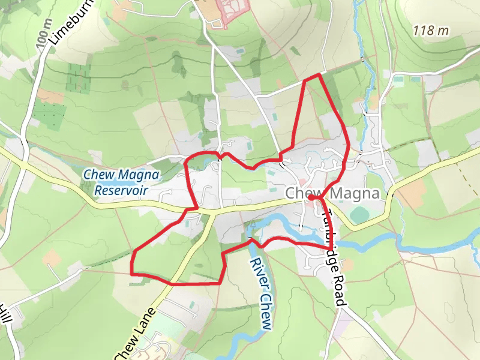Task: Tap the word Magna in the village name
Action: (354, 194)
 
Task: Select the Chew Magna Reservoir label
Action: (122, 182)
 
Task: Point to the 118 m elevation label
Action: (431, 30)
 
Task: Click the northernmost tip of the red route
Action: (318, 74)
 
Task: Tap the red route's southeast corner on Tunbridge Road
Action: (331, 248)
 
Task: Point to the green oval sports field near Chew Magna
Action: (360, 215)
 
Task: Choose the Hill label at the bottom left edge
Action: (5, 315)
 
